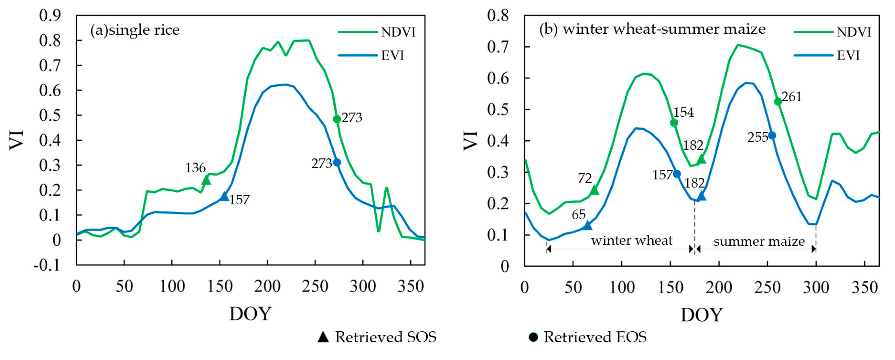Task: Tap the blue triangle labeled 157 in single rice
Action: coord(224,197)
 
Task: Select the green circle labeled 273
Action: coord(337,119)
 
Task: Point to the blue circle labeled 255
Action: coord(772,136)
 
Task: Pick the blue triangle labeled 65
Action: coord(587,225)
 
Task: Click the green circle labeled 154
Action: coord(674,123)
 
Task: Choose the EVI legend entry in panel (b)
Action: coord(827,56)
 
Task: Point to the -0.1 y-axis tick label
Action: coord(47,265)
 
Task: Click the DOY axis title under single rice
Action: coord(250,314)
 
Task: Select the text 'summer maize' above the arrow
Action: coord(759,241)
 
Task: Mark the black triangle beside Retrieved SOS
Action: coord(323,337)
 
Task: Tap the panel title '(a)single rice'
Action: coord(135,30)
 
